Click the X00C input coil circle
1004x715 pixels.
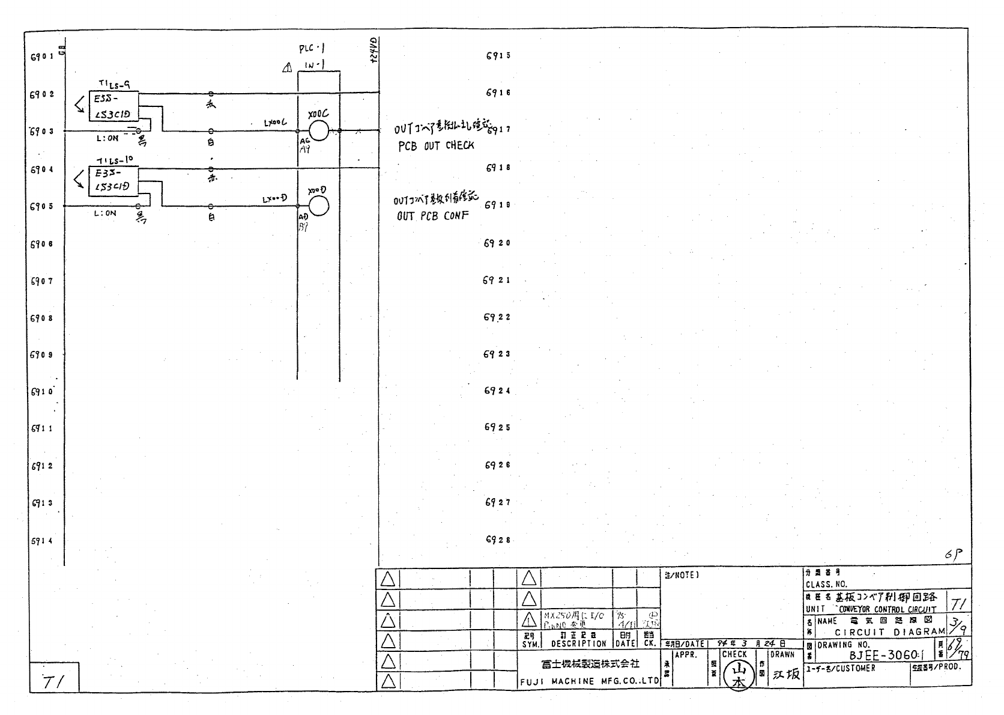319,130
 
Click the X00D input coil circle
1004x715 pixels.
319,206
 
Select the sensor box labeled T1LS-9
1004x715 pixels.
113,106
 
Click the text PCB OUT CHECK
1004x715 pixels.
437,145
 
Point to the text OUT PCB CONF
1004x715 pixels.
432,216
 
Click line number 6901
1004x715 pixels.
42,57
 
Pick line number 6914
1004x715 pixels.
42,540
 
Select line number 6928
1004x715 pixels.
497,540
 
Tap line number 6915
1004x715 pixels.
498,56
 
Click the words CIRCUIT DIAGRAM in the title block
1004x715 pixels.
890,632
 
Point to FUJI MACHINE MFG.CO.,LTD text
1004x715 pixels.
589,681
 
